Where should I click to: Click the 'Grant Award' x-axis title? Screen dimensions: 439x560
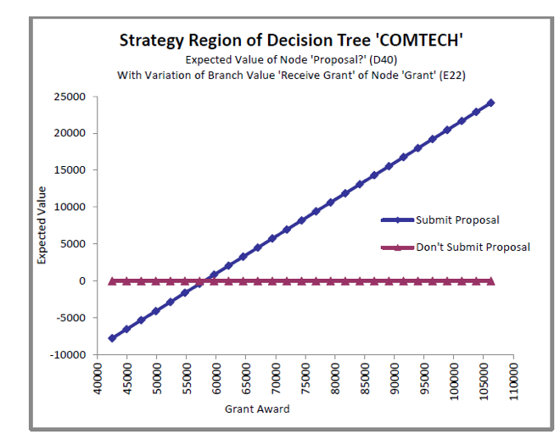pos(257,409)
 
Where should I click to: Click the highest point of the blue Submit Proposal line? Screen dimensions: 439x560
pos(490,103)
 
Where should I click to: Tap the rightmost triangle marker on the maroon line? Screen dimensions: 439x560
pos(490,281)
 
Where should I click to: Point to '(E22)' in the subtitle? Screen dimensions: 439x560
pos(452,75)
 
